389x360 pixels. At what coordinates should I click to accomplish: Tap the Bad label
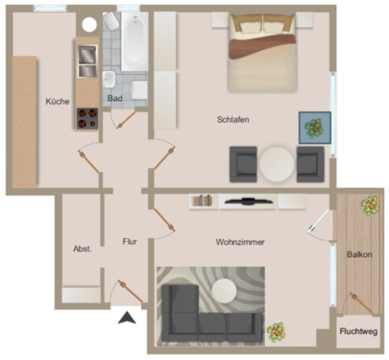click(x=115, y=98)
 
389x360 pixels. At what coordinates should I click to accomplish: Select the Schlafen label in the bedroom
click(x=233, y=119)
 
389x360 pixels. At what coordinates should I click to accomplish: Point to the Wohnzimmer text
click(x=240, y=243)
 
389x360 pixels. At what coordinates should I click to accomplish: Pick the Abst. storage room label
click(x=82, y=249)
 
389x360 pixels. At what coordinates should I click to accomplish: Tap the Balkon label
click(x=360, y=254)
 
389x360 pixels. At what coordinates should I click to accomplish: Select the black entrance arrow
click(x=125, y=321)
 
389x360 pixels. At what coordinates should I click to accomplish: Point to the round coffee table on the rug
click(x=228, y=289)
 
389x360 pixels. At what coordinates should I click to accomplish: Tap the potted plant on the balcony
click(x=369, y=204)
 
